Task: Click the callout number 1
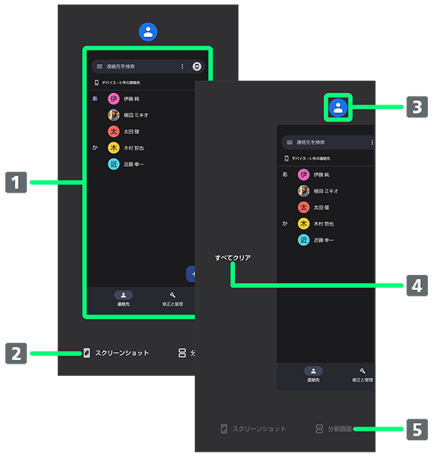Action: (x=16, y=183)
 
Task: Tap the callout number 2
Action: (x=16, y=354)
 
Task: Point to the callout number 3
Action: (x=416, y=108)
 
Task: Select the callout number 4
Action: (x=416, y=286)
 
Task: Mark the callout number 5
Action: (x=416, y=430)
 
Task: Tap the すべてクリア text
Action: (x=232, y=258)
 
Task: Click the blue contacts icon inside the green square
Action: (x=338, y=108)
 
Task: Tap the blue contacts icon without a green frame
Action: (x=148, y=32)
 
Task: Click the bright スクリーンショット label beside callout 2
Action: (x=122, y=354)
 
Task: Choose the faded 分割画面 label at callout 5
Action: (x=338, y=429)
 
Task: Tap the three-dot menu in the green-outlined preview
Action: (x=182, y=66)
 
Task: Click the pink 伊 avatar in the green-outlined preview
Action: (x=113, y=99)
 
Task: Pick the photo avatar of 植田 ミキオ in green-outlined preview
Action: (x=113, y=115)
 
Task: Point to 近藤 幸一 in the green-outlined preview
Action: (x=134, y=165)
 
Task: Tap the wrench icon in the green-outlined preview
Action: (x=172, y=295)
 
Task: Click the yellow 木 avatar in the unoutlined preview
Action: (x=304, y=224)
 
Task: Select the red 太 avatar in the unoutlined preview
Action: (x=304, y=207)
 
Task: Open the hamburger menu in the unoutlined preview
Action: (x=289, y=143)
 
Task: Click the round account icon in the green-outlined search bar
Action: (x=196, y=66)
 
